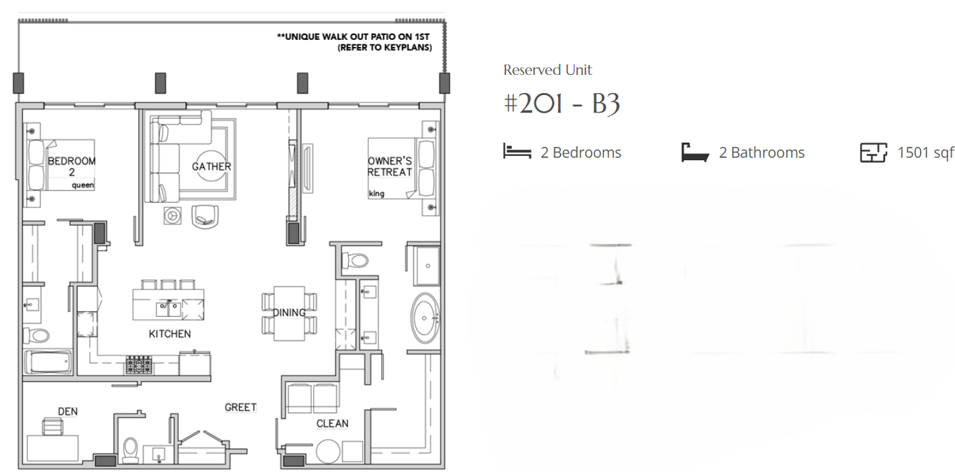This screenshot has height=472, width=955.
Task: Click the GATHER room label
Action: click(x=211, y=166)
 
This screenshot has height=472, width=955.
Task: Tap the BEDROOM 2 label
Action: click(x=71, y=166)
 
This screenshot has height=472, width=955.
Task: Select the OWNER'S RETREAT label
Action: click(x=389, y=166)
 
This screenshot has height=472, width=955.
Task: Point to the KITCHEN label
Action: click(x=170, y=334)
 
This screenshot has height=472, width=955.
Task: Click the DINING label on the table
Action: click(x=289, y=313)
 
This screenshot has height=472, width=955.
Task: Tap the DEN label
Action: click(x=68, y=411)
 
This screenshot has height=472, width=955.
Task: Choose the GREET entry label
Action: click(x=240, y=408)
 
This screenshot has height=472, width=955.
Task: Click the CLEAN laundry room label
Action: click(x=332, y=423)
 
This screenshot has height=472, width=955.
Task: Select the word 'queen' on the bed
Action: click(x=82, y=185)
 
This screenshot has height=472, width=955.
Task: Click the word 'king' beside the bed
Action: click(x=376, y=194)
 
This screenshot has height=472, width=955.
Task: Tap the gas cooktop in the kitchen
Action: click(x=138, y=365)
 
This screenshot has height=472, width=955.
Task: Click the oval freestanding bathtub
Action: click(x=424, y=318)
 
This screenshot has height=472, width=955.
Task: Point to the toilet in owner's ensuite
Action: click(x=355, y=259)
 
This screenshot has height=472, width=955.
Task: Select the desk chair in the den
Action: click(x=53, y=426)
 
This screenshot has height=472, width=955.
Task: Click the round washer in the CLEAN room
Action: click(x=329, y=451)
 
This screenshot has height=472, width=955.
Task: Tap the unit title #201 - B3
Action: click(x=561, y=103)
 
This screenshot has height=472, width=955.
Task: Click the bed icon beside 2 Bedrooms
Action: click(x=517, y=151)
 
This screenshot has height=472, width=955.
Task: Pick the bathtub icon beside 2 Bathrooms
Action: click(x=695, y=152)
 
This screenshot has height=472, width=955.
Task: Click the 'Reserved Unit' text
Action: click(x=547, y=70)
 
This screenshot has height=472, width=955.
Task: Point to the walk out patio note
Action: click(x=354, y=42)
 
